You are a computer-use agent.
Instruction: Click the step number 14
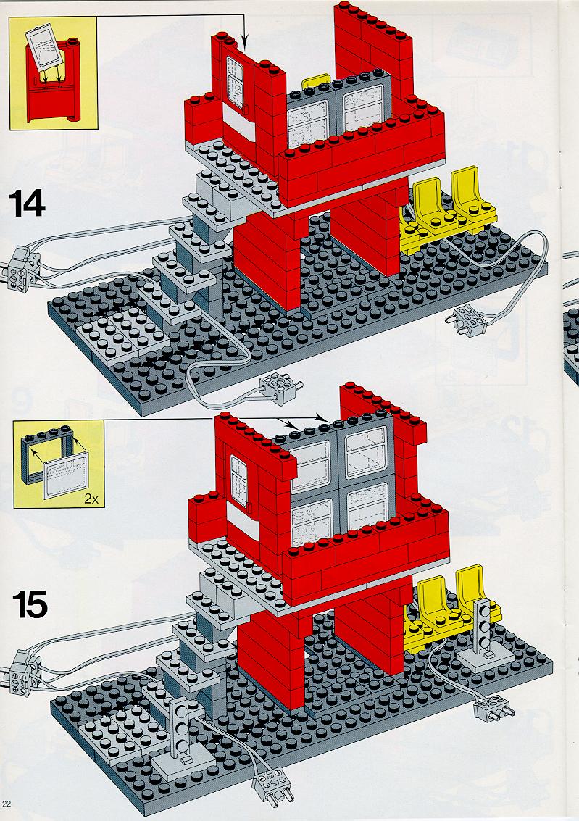pyautogui.click(x=28, y=204)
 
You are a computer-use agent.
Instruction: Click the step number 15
pyautogui.click(x=30, y=605)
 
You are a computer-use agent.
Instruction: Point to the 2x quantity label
pyautogui.click(x=91, y=499)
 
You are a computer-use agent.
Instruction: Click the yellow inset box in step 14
pyautogui.click(x=53, y=72)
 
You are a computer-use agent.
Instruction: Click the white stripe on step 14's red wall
pyautogui.click(x=238, y=121)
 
